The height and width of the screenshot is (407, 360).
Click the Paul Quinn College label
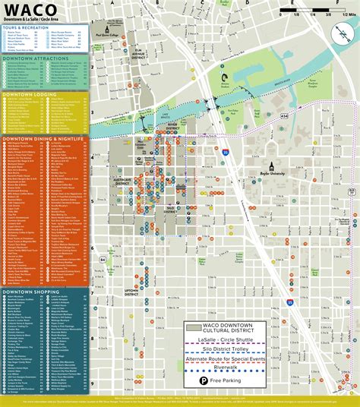pos(106,35)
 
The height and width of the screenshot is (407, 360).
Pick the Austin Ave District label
pos(122,180)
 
